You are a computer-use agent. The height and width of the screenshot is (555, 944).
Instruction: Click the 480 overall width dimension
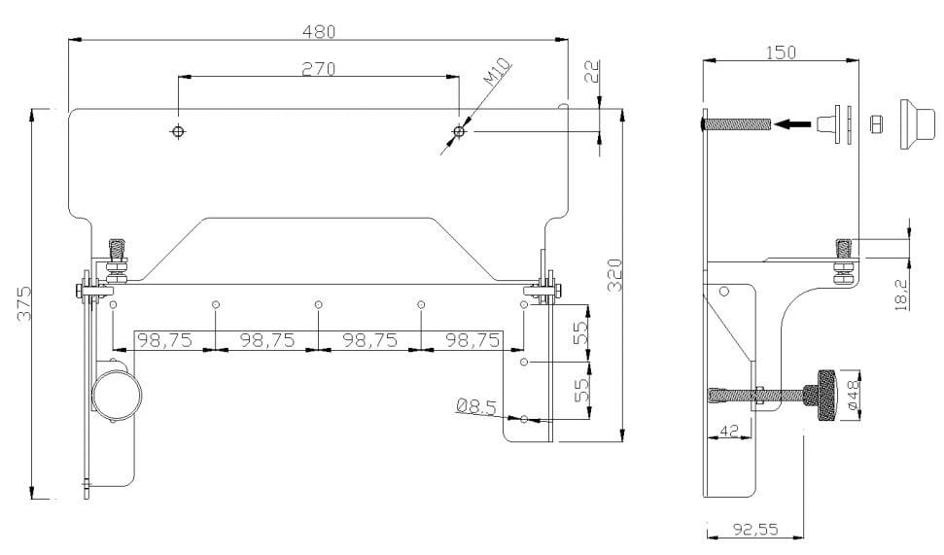point(318,31)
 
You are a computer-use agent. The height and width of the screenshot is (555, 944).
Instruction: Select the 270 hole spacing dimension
point(318,69)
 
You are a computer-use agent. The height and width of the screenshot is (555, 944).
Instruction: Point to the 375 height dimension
point(25,303)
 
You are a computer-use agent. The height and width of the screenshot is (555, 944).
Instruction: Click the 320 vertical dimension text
point(614,275)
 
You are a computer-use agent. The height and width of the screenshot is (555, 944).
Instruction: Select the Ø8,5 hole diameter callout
point(477,406)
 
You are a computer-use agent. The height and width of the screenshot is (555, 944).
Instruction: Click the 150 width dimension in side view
point(780,52)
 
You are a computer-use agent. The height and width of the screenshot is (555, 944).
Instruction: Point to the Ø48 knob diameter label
point(853,396)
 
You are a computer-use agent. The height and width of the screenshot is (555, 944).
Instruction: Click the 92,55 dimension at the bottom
point(754,530)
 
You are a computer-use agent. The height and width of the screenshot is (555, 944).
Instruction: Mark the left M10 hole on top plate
point(177,131)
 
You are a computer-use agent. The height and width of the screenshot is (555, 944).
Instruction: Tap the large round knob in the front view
point(117,397)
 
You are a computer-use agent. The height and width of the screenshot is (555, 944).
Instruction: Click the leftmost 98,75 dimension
point(163,340)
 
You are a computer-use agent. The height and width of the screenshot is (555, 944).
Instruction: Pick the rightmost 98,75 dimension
point(472,340)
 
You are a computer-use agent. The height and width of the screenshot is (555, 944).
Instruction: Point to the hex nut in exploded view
point(875,123)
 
